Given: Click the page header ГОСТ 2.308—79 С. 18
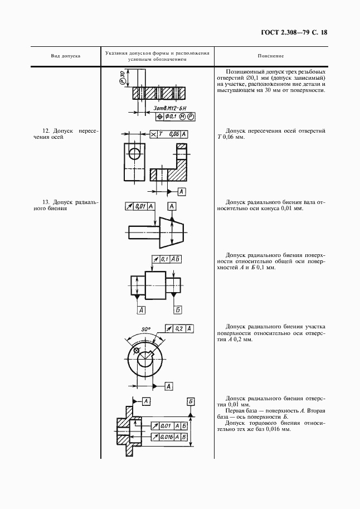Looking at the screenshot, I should pos(293,32).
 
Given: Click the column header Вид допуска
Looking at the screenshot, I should pos(66,56).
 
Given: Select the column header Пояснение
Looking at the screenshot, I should pos(271,56).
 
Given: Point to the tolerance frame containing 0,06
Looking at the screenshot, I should pos(169,134).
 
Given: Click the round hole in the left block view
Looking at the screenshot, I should pos(134,153).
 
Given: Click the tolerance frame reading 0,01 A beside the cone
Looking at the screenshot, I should pos(139,206).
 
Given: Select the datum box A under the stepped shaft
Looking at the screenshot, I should pos(142,310).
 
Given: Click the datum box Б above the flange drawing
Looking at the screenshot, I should pos(191,401).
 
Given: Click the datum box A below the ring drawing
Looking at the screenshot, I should pos(168,386).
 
